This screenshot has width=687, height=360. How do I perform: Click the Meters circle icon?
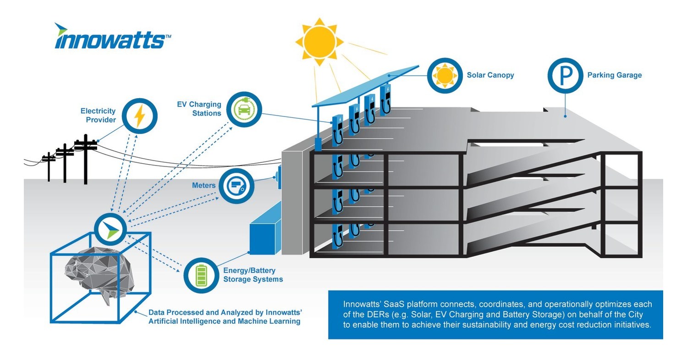coord(236,186)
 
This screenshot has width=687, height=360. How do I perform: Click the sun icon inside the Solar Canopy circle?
coord(445,75)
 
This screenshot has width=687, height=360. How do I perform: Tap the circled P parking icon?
coord(565,75)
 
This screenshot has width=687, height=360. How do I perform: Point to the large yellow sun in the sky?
coord(319,41)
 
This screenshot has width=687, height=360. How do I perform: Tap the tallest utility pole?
coord(85,158)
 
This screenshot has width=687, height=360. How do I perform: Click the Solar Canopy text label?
coord(490,75)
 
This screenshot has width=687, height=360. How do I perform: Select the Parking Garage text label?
coord(614,75)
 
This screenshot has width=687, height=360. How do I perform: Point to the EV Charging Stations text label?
coord(199,109)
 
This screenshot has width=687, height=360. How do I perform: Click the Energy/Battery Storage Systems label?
coord(253,275)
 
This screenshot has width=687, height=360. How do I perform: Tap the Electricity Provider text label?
coord(98,115)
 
